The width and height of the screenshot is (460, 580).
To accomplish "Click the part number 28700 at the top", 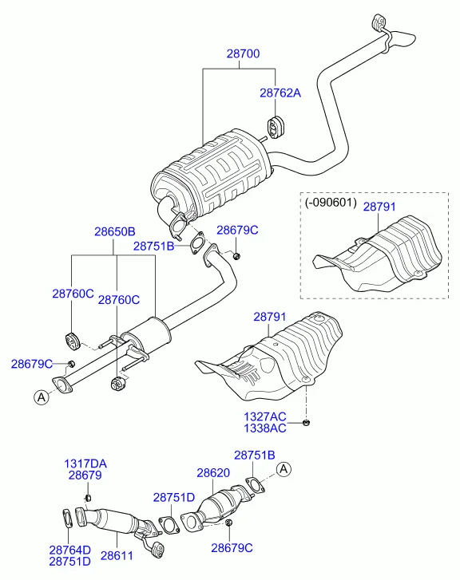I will [243, 54].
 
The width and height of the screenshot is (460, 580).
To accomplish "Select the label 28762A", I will [280, 93].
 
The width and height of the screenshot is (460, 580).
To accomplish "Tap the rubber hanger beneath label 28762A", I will [276, 127].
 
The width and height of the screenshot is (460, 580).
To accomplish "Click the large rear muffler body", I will [212, 176].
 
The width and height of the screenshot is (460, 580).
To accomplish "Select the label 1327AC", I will [264, 416].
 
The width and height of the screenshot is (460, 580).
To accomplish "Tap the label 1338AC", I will [264, 429].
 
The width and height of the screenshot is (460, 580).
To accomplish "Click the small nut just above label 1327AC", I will [307, 420].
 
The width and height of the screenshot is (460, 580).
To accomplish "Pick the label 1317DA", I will [85, 464].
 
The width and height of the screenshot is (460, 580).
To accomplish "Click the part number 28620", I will [213, 472].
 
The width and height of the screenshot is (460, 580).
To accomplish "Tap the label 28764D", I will [69, 550].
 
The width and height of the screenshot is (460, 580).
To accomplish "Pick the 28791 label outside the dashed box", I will [271, 317].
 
